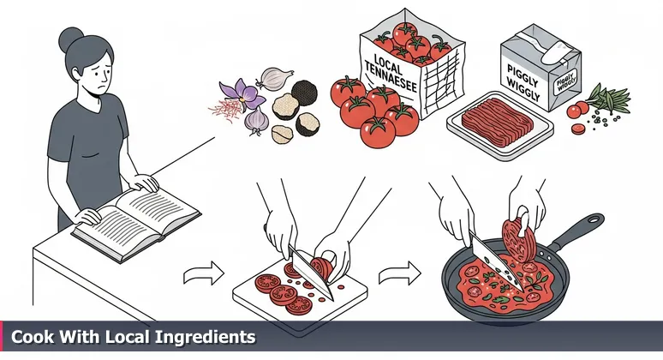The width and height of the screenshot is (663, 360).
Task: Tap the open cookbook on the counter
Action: (136, 211)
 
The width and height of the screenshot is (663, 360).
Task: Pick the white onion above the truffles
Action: (272, 79)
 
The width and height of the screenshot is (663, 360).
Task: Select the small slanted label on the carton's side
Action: (565, 84)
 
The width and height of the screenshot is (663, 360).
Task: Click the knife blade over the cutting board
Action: (309, 270)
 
